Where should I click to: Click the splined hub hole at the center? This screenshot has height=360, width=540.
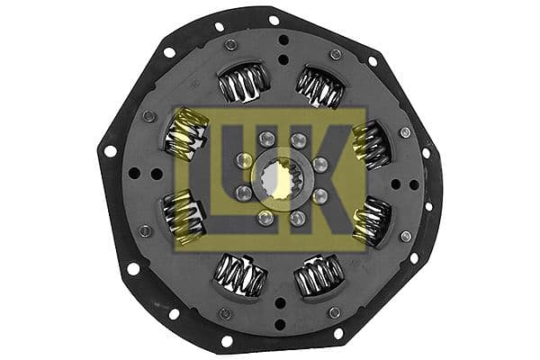click(x=280, y=179)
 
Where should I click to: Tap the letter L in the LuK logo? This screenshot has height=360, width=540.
click(x=207, y=181)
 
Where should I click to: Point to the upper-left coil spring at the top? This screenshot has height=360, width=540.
click(x=242, y=84)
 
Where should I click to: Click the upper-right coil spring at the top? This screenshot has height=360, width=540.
click(x=319, y=86)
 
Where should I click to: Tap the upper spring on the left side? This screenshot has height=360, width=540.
click(x=184, y=135)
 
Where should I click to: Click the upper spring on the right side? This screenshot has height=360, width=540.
click(x=372, y=143)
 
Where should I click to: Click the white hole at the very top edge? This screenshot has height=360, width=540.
click(x=274, y=19)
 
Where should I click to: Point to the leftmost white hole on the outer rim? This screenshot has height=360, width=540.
click(x=110, y=151)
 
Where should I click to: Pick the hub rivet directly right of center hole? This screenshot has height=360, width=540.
click(x=319, y=164)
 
